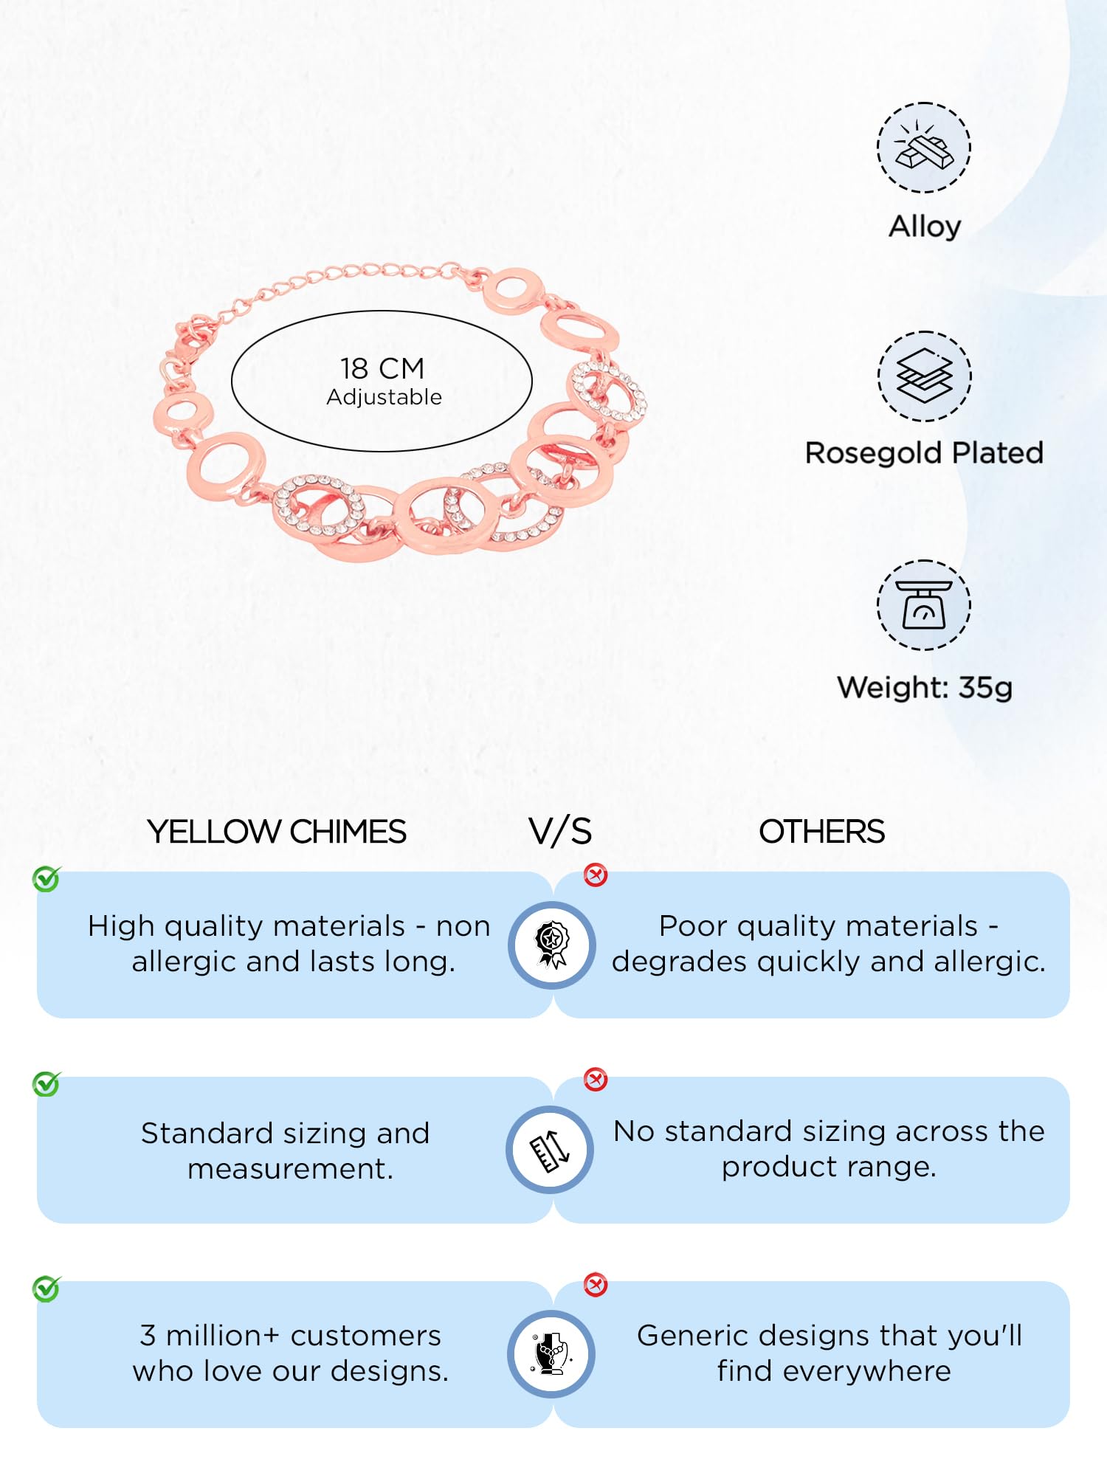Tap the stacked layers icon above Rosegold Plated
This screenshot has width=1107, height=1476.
pos(924,376)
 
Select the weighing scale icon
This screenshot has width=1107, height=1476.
pos(924,605)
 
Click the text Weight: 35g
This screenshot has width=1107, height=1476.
pos(924,688)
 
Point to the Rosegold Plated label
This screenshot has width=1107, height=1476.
pos(924,452)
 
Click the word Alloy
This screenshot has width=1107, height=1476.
pos(924,226)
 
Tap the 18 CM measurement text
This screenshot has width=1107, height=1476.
pos(382,368)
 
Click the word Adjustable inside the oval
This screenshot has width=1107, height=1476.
pos(384,397)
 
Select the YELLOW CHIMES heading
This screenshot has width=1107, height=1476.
pos(277,832)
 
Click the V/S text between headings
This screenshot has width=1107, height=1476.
pos(560,832)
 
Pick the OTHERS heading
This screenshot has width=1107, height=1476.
pos(821,832)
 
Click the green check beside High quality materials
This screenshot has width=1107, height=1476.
pos(46,878)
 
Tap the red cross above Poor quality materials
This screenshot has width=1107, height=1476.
pos(596,875)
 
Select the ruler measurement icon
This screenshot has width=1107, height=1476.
pos(551,1150)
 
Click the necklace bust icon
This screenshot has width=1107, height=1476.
pos(552,1354)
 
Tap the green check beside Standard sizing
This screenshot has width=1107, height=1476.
pos(46,1083)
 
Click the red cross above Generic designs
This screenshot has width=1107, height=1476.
pos(596,1285)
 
